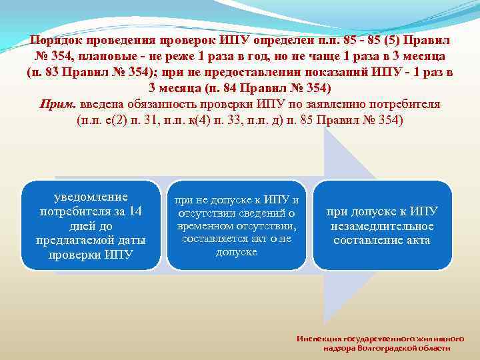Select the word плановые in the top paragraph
pos(101,56)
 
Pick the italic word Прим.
pos(54,105)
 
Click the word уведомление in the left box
pos(91,197)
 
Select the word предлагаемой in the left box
pos(91,240)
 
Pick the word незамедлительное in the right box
pos(381,226)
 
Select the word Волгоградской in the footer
pos(386,348)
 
